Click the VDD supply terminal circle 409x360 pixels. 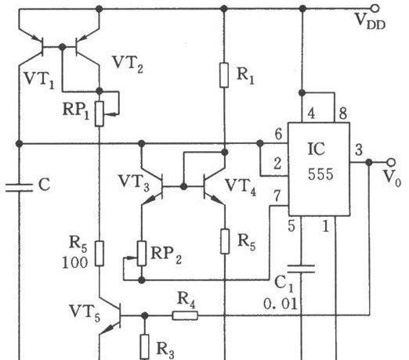click(375, 9)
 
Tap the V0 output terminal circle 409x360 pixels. click(391, 163)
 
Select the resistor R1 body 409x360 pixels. click(224, 75)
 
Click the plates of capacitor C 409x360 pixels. click(20, 188)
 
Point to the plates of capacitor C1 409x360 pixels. click(301, 269)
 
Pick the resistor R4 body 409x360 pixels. click(185, 315)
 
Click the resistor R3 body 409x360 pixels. click(145, 347)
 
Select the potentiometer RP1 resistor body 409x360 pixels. click(100, 114)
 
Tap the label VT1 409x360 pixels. click(39, 79)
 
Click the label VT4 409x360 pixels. click(241, 187)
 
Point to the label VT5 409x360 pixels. click(85, 312)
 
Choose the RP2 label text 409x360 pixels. click(166, 254)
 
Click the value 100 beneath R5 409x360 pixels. click(74, 263)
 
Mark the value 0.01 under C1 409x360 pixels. click(281, 304)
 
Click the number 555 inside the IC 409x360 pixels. click(320, 175)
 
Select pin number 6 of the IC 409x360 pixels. click(278, 135)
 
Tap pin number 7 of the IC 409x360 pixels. click(277, 196)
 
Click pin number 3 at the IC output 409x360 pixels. click(359, 150)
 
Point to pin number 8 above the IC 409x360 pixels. click(343, 113)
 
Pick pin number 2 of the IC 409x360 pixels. click(277, 164)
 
